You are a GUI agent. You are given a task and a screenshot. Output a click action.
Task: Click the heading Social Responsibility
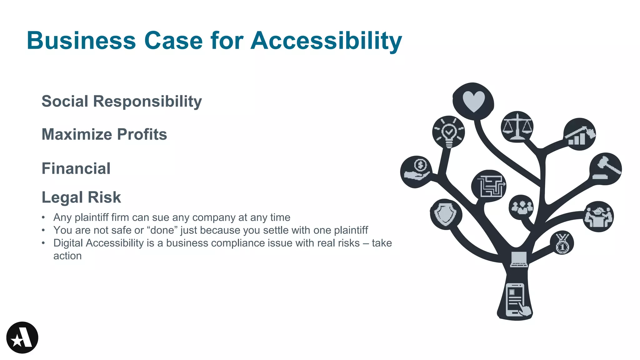pos(122,101)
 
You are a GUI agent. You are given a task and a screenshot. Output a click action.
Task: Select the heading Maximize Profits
pos(104,134)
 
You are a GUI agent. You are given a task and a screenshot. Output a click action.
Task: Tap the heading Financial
pos(76,168)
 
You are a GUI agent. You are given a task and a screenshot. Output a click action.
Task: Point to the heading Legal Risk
pos(81,197)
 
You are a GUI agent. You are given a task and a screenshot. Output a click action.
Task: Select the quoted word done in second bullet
pos(162,230)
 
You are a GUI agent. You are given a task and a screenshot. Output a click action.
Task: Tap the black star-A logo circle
pos(22,337)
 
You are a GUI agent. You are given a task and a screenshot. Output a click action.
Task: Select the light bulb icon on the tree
pos(449,132)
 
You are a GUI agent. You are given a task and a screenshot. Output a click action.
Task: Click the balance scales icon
pos(517,127)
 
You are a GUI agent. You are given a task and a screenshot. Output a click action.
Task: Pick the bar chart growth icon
pos(580,135)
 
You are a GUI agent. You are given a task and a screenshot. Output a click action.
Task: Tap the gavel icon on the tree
pos(606,169)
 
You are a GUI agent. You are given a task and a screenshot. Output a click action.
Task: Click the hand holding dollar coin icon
pos(417,172)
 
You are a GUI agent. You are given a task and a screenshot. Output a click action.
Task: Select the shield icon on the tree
pos(446,214)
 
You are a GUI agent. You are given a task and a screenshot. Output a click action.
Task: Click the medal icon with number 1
pos(562,243)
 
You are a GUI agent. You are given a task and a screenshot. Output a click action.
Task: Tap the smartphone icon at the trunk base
pos(516,300)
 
